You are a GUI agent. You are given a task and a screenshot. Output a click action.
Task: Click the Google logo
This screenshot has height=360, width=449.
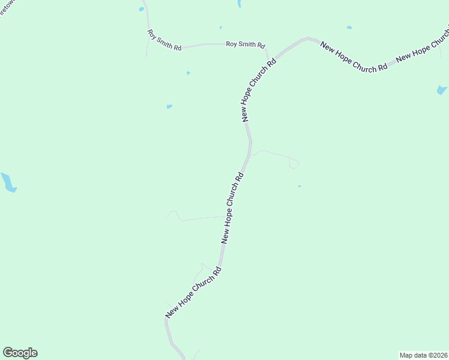[x=20, y=353]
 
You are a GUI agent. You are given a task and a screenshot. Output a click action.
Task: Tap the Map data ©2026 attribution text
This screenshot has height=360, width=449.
[x=423, y=355]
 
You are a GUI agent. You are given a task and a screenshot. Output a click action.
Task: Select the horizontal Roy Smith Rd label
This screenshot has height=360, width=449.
[x=245, y=44]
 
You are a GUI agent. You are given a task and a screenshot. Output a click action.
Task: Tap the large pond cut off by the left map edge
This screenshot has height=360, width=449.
[x=8, y=182]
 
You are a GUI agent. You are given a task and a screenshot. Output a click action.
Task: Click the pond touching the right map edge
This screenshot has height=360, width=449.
[x=442, y=90]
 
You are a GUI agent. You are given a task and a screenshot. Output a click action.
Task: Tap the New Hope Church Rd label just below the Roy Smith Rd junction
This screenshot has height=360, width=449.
[x=259, y=90]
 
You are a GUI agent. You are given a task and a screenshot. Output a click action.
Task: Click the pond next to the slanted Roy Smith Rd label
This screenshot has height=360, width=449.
[x=142, y=9]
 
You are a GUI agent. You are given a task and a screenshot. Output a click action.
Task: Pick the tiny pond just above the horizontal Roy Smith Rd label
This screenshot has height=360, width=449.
[x=221, y=28]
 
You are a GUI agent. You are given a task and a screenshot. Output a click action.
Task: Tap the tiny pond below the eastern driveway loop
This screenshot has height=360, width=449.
[x=300, y=186]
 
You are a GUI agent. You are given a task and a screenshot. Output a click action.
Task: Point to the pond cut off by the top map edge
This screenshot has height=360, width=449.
[x=240, y=3]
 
